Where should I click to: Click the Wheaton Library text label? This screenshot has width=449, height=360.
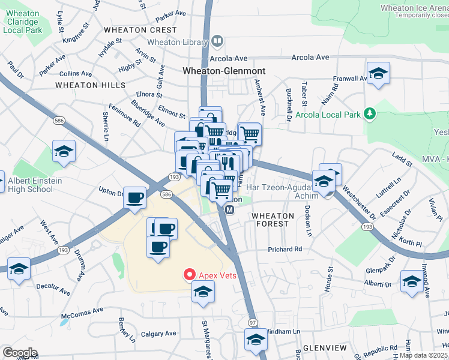(178, 42)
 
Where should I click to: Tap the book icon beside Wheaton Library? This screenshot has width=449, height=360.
(217, 41)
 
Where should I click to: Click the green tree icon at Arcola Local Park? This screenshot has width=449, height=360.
(371, 113)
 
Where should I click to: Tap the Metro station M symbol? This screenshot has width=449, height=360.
(229, 209)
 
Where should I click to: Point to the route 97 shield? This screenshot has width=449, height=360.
(252, 323)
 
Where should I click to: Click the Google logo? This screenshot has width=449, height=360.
(20, 352)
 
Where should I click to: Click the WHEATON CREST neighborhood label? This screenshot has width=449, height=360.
(140, 30)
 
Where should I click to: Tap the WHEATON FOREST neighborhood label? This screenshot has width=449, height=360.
(273, 220)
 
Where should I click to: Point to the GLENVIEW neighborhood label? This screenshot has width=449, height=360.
(325, 348)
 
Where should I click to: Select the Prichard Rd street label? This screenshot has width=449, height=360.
(285, 249)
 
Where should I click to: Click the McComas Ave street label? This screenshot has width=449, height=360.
(82, 312)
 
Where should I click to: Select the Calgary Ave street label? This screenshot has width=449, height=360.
(158, 334)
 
